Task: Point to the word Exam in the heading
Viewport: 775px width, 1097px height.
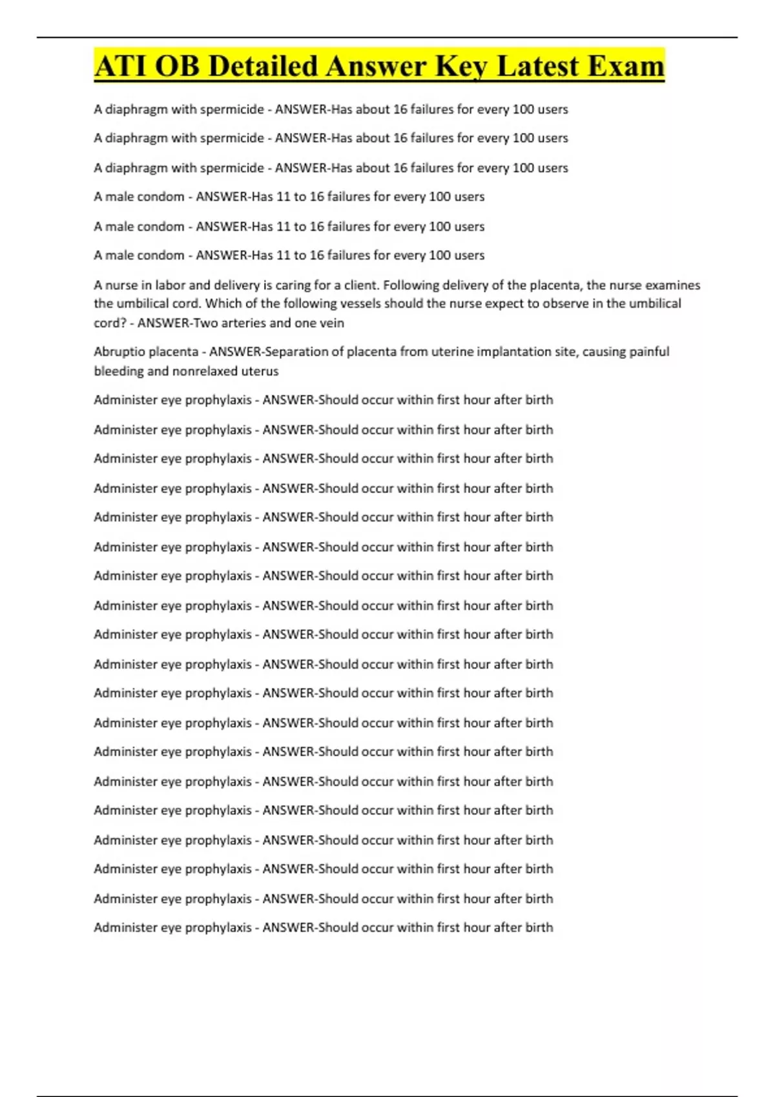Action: click(626, 66)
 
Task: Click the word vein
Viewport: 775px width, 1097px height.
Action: click(332, 323)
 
